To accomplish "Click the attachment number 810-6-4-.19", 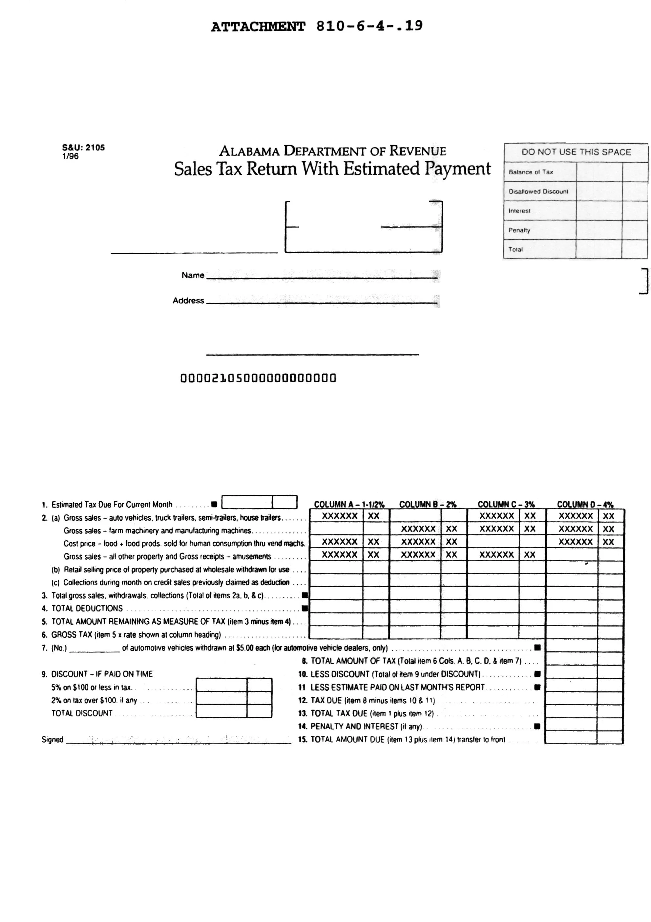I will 369,27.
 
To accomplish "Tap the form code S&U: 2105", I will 83,147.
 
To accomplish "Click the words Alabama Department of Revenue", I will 332,151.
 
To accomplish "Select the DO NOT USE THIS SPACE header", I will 576,152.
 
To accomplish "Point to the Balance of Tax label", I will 531,172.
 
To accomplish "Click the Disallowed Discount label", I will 538,191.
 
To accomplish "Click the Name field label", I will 193,275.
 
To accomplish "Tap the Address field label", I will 188,300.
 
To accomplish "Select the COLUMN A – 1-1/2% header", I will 349,504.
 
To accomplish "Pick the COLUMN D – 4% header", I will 585,504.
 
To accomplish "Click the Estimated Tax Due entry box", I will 259,502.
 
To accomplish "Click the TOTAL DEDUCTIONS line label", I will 87,608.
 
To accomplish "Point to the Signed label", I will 52,739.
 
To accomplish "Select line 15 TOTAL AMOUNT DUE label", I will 404,739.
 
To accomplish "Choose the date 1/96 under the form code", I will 70,156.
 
